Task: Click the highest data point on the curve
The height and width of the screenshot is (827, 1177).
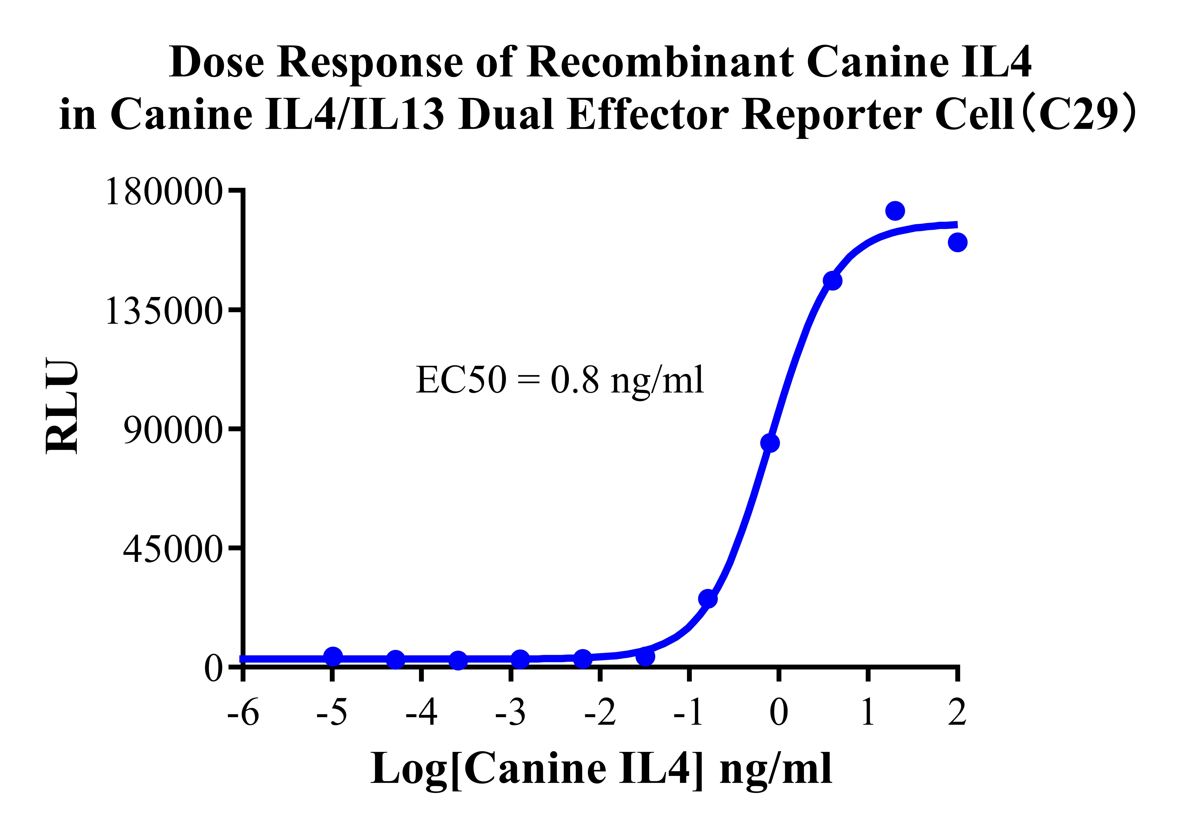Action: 894,210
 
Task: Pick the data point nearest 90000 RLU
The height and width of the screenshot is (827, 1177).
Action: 770,443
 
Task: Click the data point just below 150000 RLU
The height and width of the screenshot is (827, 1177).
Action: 832,280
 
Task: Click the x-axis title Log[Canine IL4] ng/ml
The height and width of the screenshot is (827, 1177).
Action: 601,769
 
